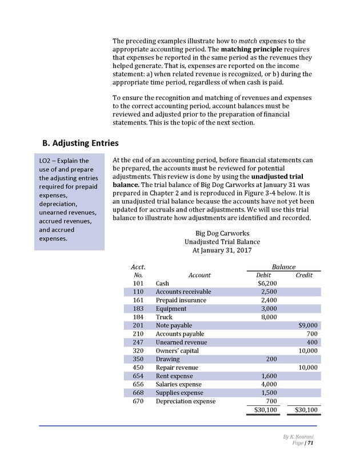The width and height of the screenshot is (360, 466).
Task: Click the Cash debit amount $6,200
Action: (x=267, y=283)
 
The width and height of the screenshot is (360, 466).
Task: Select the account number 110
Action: (x=137, y=292)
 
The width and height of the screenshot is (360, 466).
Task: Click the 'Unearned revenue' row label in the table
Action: (x=181, y=342)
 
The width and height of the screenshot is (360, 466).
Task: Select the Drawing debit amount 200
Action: (x=271, y=359)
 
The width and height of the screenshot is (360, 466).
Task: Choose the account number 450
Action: (x=137, y=368)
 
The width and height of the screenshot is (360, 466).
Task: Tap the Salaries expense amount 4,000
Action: (x=269, y=384)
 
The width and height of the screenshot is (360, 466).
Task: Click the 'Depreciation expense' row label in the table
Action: (x=186, y=401)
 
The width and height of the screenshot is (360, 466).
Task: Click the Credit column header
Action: (x=303, y=275)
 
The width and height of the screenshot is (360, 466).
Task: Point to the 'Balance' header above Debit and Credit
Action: (x=283, y=266)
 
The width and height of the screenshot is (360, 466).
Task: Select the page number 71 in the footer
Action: (x=310, y=443)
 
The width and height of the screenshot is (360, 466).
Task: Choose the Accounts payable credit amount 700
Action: (x=312, y=334)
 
